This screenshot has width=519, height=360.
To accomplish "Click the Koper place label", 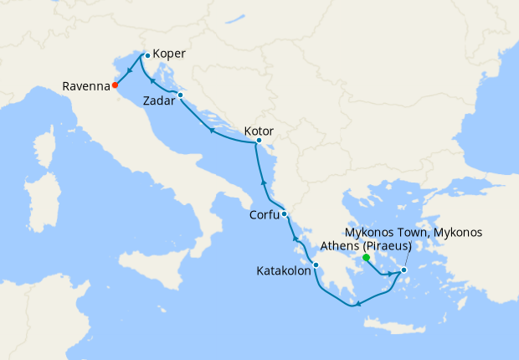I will (170, 54).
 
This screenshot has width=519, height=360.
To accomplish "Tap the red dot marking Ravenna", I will (115, 85).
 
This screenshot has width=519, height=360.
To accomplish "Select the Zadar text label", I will (159, 100).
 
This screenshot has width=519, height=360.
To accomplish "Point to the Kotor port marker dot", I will (258, 144).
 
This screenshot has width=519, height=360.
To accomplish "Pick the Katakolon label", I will (284, 270).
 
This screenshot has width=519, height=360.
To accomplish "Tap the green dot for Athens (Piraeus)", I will (366, 259).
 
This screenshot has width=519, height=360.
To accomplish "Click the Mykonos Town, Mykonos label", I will (414, 232).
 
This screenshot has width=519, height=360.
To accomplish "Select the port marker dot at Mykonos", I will (403, 270).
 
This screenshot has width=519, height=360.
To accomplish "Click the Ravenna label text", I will (86, 85).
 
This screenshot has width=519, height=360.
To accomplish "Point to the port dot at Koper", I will (147, 55).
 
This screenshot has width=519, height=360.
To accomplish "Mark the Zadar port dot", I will (180, 95).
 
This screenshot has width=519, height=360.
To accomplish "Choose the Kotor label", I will (259, 131).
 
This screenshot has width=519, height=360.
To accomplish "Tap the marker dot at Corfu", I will (285, 214).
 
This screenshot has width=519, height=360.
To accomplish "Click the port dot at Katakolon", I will (316, 266).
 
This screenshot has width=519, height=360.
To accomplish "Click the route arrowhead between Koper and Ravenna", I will (130, 70).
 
